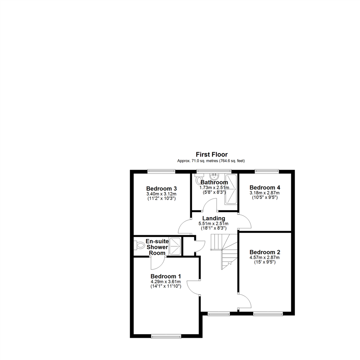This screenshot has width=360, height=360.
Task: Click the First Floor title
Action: tap(212, 155)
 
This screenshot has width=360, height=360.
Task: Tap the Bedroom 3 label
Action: tap(161, 188)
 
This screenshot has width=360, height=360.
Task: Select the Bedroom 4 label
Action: tap(265, 187)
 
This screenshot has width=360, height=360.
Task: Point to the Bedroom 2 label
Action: tap(265, 252)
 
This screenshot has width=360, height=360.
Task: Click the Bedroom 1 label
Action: tap(166, 276)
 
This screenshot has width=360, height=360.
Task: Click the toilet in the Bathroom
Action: tap(199, 180)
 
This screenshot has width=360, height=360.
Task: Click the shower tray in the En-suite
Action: tap(175, 246)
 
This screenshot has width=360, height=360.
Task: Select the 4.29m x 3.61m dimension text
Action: tap(166, 282)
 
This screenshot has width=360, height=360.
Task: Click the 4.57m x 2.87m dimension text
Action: tap(265, 257)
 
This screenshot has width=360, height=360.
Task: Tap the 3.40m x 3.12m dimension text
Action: tap(161, 194)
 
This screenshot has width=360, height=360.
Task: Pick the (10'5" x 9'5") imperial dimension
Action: tap(265, 197)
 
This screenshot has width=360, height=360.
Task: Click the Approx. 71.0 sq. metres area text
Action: tap(212, 161)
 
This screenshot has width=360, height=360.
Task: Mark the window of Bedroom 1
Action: tap(166, 336)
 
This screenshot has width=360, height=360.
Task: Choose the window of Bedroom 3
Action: tap(161, 171)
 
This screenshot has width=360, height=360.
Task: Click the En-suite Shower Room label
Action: tap(157, 247)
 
